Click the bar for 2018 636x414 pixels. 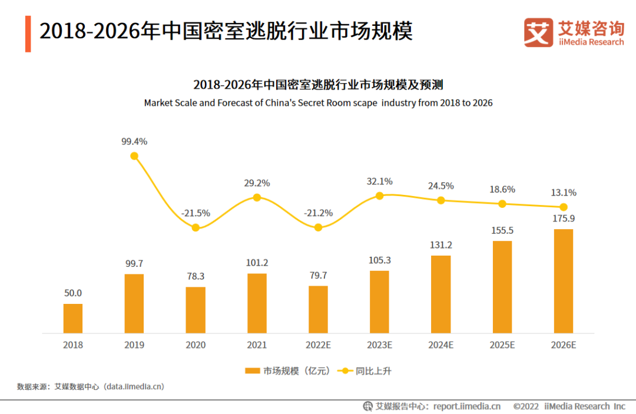click(73, 318)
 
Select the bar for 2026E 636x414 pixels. click(564, 281)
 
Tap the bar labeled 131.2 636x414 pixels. click(441, 294)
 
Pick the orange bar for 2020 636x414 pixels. click(196, 310)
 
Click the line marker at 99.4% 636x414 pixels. click(134, 156)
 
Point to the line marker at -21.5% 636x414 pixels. click(196, 227)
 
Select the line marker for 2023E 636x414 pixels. click(380, 196)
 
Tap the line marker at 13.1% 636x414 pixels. click(564, 207)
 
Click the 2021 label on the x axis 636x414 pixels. click(257, 345)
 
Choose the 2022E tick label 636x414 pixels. click(318, 345)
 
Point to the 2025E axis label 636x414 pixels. click(502, 345)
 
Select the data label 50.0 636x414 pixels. click(73, 293)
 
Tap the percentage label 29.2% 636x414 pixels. click(257, 183)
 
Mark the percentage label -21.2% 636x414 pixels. click(318, 213)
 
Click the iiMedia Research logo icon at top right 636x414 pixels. click(538, 32)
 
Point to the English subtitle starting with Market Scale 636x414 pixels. click(318, 102)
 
